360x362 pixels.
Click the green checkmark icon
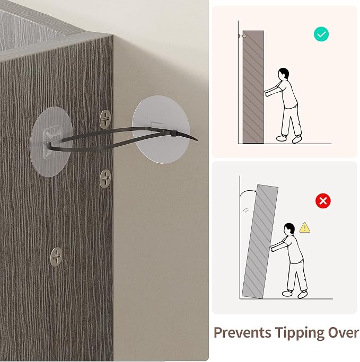coord(321,34)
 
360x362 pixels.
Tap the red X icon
coord(323,201)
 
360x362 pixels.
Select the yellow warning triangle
coord(305,227)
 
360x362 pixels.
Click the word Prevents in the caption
coord(242,333)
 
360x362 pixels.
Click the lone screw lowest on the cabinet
coord(56,257)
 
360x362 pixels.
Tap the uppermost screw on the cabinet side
coord(105,119)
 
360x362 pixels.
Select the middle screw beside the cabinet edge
coord(105,179)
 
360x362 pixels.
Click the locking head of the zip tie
coord(174,134)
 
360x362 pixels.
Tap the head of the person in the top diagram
coord(283,74)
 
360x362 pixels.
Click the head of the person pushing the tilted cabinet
coord(289,229)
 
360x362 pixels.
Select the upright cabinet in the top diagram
coord(253,87)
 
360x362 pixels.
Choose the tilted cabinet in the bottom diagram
coord(260,241)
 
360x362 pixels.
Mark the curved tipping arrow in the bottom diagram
coord(247,191)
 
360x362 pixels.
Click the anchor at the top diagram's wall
coord(242,36)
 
